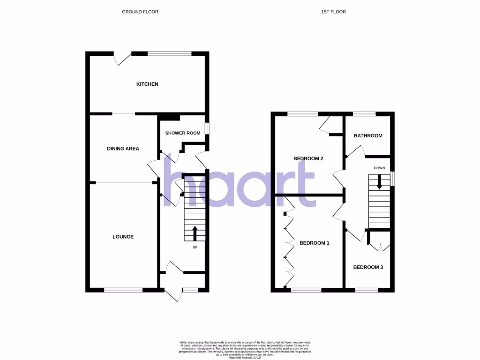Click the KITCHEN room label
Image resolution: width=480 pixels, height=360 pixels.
coord(147,84)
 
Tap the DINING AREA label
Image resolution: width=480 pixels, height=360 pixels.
coord(123,149)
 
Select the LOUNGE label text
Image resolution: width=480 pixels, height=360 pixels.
coord(123,237)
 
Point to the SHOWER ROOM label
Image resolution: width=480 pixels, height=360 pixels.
coord(183,133)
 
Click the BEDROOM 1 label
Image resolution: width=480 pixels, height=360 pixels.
coord(315,243)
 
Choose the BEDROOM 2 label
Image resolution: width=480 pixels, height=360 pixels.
coord(308,158)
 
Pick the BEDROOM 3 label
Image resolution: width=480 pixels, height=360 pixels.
coord(368,267)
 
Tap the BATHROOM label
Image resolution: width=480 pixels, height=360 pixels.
coord(368,136)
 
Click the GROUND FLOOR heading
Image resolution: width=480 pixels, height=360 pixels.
coord(140,12)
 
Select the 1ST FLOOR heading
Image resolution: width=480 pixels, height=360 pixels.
coord(334,12)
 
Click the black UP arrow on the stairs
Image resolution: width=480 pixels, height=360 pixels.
coord(195,233)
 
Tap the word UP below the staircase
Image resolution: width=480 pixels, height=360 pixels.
coord(195,247)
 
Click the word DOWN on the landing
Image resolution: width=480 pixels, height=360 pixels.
coord(380,168)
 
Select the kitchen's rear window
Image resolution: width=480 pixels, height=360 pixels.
coord(169,53)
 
